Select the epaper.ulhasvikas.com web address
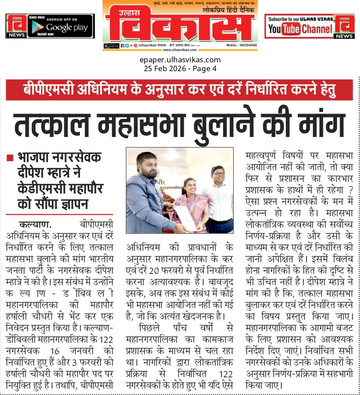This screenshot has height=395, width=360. click(x=179, y=60)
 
